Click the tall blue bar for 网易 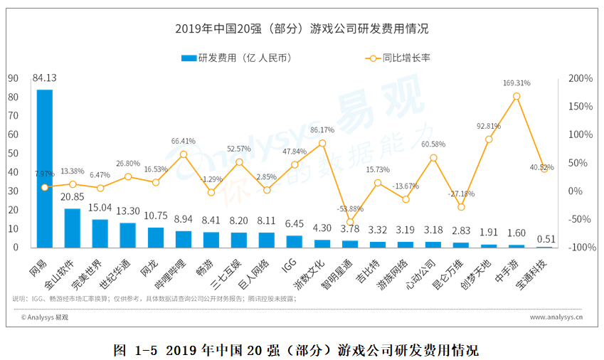point(45,169)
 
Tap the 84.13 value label point(44,78)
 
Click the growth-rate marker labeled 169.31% point(516,96)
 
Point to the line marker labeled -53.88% point(350,221)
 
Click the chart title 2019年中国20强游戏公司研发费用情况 point(302,29)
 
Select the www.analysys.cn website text point(556,318)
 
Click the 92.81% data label point(489,126)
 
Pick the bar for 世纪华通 point(128,235)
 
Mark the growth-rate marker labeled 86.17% point(322,143)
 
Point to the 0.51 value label point(544,239)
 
